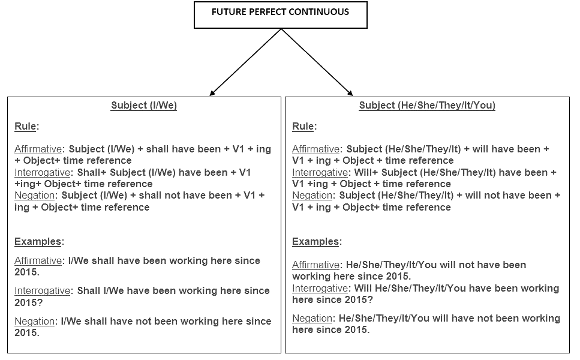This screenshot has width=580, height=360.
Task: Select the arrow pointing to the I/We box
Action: (x=245, y=62)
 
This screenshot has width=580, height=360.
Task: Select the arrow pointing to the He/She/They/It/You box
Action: (x=317, y=62)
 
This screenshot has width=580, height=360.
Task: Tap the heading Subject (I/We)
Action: (x=144, y=106)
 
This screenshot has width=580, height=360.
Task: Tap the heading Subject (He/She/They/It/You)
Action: (x=427, y=106)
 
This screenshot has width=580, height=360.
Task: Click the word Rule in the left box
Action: (x=25, y=127)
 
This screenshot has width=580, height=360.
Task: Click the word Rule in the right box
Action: (x=303, y=127)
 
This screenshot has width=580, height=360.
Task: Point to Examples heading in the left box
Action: (x=38, y=242)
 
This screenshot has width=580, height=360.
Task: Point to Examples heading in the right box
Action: (x=315, y=242)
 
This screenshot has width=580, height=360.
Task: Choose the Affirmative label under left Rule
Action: (x=38, y=149)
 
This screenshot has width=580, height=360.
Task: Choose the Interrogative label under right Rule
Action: (x=320, y=173)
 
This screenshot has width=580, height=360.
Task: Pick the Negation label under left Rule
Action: (x=34, y=196)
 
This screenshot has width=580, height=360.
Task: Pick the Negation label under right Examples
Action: (x=312, y=319)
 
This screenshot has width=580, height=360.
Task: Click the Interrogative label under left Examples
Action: (x=42, y=291)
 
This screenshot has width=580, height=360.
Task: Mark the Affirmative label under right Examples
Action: (x=316, y=265)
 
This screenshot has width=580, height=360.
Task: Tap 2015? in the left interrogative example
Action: (x=28, y=302)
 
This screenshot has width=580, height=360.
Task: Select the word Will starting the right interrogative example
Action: (x=363, y=288)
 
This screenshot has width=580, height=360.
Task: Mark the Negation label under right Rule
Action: (x=312, y=196)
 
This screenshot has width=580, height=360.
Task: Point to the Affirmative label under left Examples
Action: (x=38, y=261)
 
